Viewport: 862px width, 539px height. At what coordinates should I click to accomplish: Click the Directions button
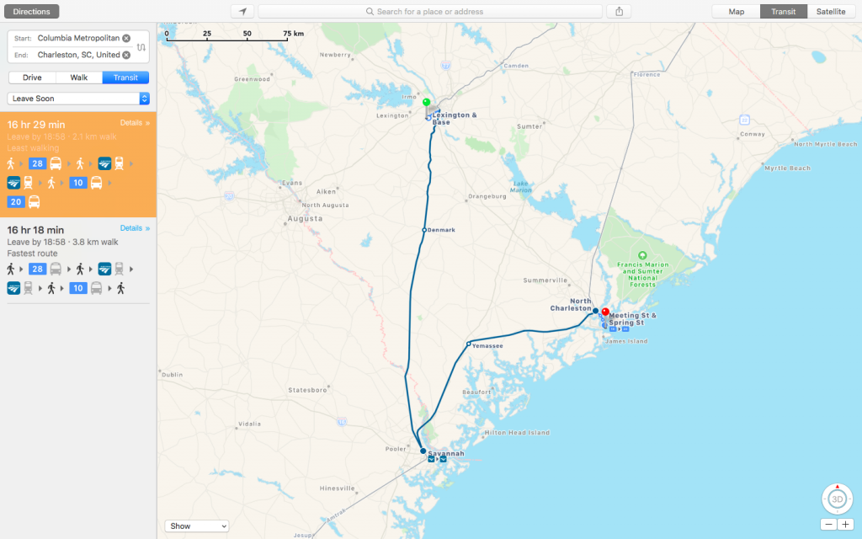coord(31,12)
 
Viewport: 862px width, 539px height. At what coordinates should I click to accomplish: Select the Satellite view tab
coord(831,12)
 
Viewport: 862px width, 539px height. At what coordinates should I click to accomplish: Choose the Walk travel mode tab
coord(79,77)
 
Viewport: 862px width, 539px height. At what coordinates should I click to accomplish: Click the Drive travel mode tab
coord(32,77)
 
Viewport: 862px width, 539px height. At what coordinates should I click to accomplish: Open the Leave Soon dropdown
coord(78,99)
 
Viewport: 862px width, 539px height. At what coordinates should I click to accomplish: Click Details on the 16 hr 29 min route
coord(135,123)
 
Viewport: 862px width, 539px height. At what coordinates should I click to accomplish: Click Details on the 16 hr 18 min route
coord(135,228)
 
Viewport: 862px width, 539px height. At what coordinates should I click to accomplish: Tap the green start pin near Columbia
coord(427,103)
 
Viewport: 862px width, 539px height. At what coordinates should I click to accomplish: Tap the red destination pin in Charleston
coord(604,312)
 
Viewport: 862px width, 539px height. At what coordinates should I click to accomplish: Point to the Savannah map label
coord(446,453)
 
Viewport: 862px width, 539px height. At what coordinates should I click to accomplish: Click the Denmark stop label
coord(441,230)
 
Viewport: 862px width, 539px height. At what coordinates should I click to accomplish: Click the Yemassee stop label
coord(487,345)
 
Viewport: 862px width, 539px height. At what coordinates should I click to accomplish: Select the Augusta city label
coord(305,218)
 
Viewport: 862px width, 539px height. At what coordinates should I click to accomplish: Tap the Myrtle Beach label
coord(787,168)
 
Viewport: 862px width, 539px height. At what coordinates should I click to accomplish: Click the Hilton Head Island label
coord(517,433)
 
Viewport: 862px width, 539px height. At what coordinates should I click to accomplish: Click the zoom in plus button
coord(845,524)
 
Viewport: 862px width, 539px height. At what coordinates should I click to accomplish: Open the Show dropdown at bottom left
coord(197,526)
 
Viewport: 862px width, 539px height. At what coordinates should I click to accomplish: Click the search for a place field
coord(429,12)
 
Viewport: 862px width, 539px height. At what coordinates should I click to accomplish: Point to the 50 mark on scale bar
coord(247,34)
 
